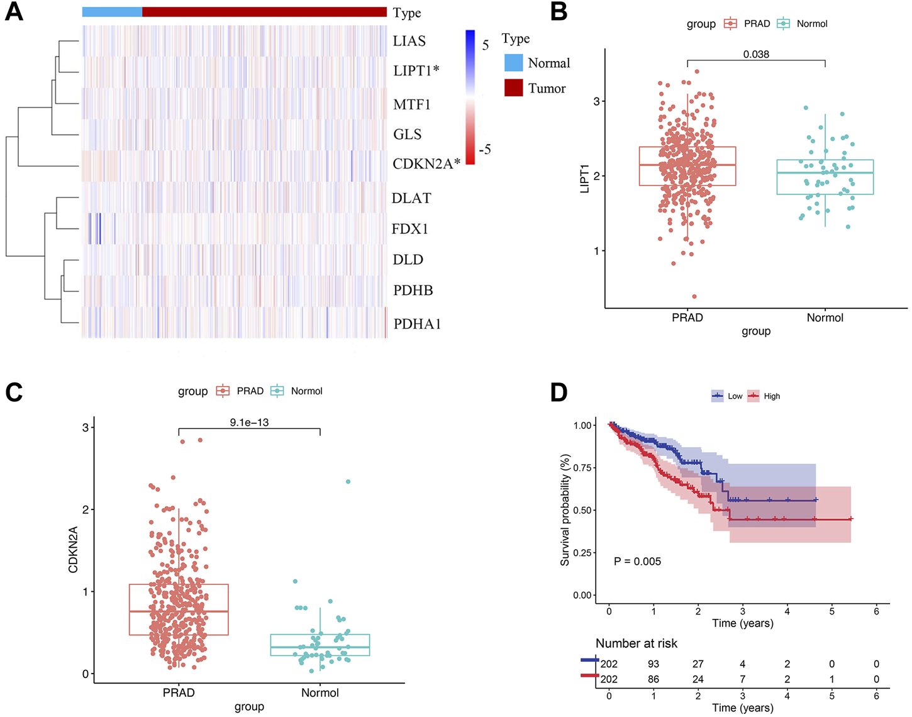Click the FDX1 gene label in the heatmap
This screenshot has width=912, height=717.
[x=409, y=229]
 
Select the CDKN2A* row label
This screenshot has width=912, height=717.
[x=426, y=164]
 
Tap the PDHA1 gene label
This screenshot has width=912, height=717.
[x=417, y=324]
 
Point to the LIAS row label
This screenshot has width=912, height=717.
[x=409, y=42]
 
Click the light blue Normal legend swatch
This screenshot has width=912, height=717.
[x=513, y=63]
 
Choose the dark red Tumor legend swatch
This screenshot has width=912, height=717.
[x=513, y=88]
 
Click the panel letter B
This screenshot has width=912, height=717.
[x=559, y=11]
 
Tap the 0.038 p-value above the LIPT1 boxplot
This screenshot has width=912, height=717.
[x=756, y=55]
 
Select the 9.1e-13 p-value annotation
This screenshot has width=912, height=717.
[x=249, y=423]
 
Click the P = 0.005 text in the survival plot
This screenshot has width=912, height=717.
[x=637, y=562]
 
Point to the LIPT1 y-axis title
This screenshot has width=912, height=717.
[x=585, y=179]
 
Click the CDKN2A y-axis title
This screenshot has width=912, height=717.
[x=73, y=550]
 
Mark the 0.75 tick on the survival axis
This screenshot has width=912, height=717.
[x=582, y=468]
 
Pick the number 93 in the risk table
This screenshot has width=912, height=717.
[x=653, y=664]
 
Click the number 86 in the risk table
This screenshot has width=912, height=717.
[x=653, y=679]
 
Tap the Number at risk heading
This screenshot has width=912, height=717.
[x=637, y=643]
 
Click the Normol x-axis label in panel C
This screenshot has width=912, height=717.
[x=320, y=693]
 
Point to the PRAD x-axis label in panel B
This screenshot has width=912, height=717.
[x=687, y=318]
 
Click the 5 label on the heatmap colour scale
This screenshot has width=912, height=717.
[x=486, y=45]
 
